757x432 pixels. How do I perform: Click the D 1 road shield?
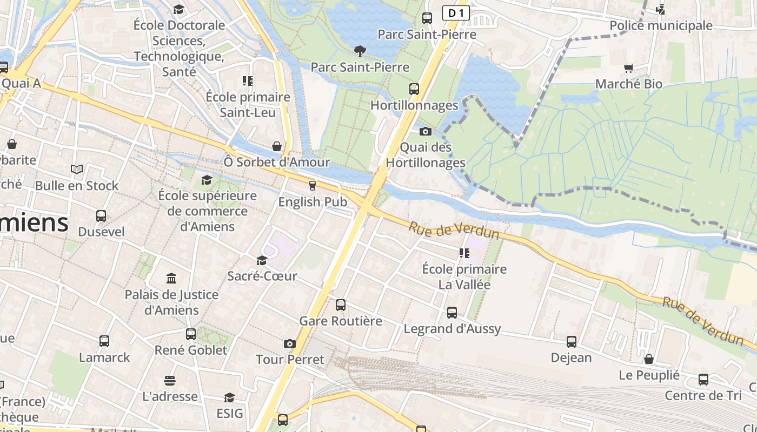pyautogui.click(x=455, y=13)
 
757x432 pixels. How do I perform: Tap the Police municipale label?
pyautogui.click(x=661, y=25)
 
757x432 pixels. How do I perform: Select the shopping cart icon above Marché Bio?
pyautogui.click(x=628, y=68)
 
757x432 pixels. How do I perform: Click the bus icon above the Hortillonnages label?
pyautogui.click(x=414, y=89)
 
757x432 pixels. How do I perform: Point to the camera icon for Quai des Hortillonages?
pyautogui.click(x=426, y=131)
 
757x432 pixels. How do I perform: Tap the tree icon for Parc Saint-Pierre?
pyautogui.click(x=360, y=51)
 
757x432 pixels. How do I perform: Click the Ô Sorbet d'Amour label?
pyautogui.click(x=277, y=162)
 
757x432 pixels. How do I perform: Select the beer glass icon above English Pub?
pyautogui.click(x=312, y=186)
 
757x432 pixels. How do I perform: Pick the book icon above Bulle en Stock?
pyautogui.click(x=77, y=170)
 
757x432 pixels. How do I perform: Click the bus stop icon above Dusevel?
pyautogui.click(x=101, y=216)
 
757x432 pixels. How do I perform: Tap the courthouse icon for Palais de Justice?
pyautogui.click(x=171, y=279)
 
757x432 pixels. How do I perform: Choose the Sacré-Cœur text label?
pyautogui.click(x=262, y=276)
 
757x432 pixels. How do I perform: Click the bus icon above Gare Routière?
pyautogui.click(x=340, y=305)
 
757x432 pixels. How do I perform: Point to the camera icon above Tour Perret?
pyautogui.click(x=290, y=343)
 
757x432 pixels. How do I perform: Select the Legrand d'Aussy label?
pyautogui.click(x=452, y=328)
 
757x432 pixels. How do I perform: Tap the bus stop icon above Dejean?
pyautogui.click(x=571, y=342)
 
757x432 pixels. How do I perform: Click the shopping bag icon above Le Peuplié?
pyautogui.click(x=649, y=359)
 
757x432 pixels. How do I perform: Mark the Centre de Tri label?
pyautogui.click(x=703, y=395)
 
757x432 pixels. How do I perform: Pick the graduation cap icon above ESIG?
pyautogui.click(x=229, y=398)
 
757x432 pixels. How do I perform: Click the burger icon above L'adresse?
pyautogui.click(x=170, y=381)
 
